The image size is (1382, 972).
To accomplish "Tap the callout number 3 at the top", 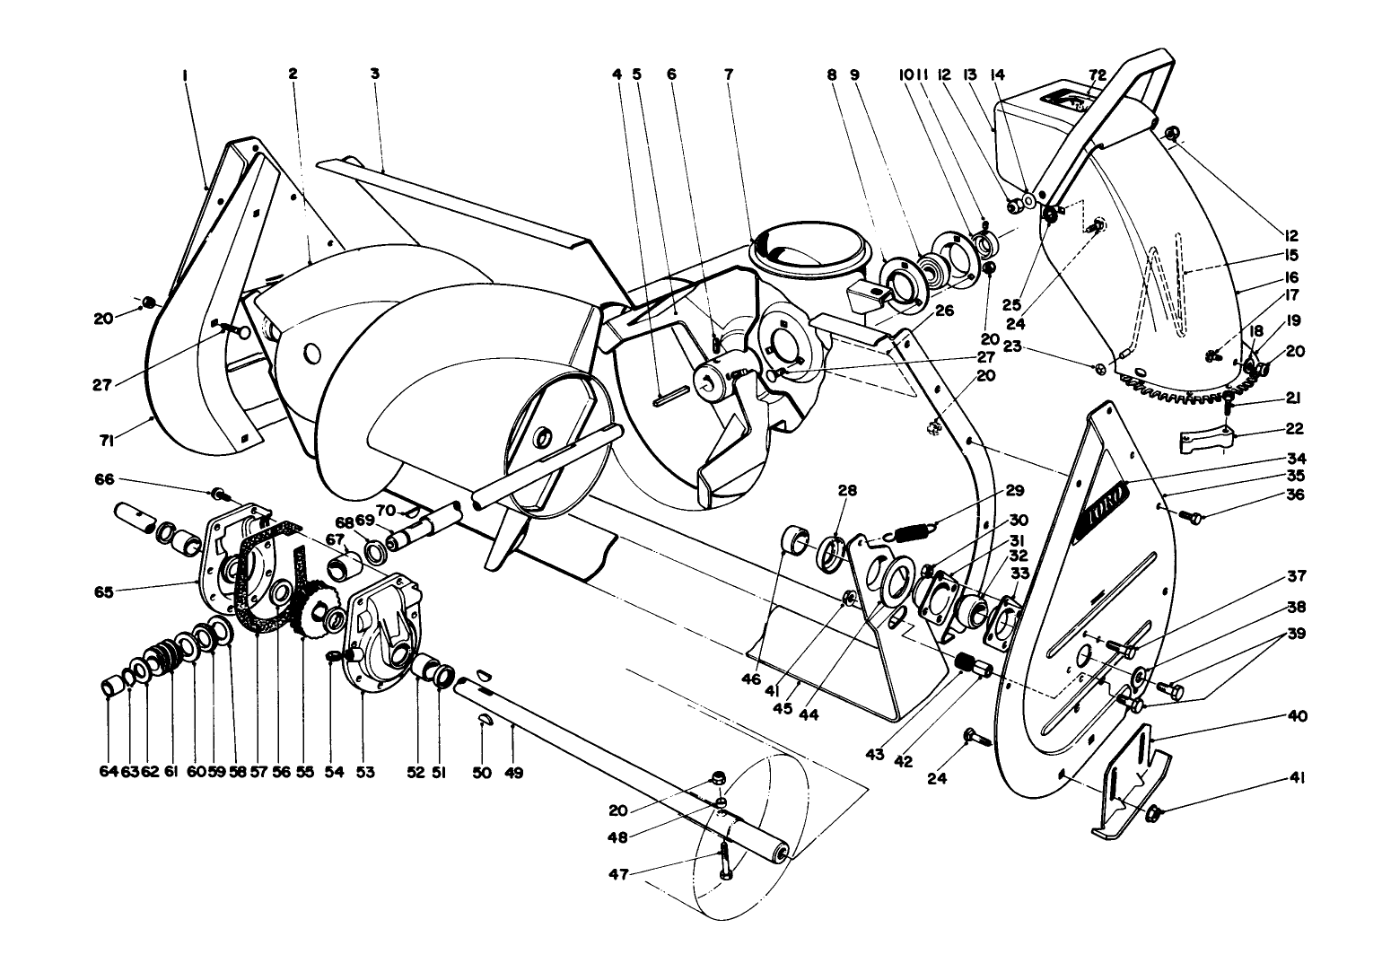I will coord(374,74).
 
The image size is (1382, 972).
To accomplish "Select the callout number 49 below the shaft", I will coord(513,772).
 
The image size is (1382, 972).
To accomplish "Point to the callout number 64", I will coord(108,772).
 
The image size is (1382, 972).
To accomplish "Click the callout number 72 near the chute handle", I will coord(1097,74).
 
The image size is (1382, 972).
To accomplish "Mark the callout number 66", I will coord(104,480).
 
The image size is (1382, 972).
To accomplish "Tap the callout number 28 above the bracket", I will coord(848,491).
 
